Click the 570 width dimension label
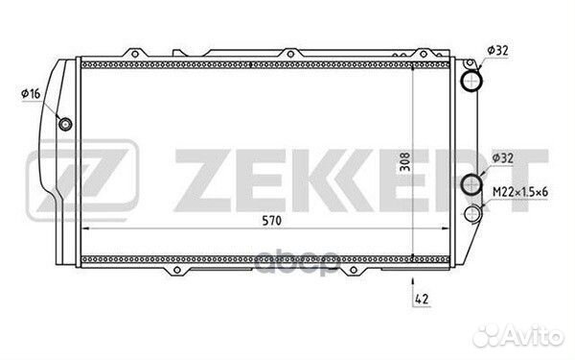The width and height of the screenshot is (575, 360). click(272, 221)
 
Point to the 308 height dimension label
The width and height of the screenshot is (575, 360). click(404, 162)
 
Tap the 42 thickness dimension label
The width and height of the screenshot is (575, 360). click(422, 299)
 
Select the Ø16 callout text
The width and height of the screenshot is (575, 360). click(32, 94)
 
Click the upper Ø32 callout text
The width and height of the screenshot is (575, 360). click(497, 50)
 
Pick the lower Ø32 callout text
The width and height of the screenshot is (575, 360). click(502, 158)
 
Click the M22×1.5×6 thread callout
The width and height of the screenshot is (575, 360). click(520, 191)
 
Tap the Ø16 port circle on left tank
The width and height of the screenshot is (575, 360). click(65, 124)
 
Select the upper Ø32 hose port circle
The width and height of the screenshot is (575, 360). click(471, 81)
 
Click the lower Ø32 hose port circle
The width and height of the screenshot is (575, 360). click(471, 184)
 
